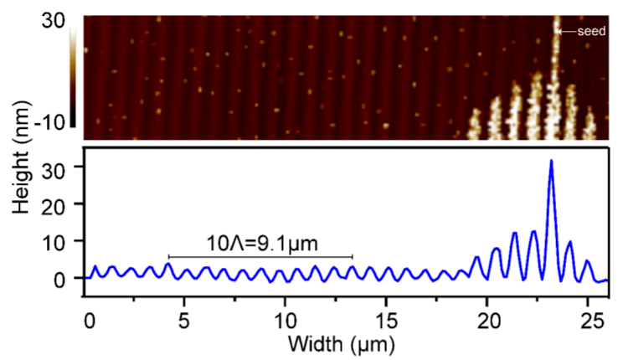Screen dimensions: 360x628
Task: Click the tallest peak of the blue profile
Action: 551,161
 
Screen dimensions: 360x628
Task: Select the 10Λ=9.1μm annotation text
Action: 260,244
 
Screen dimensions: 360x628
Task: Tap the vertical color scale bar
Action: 74,75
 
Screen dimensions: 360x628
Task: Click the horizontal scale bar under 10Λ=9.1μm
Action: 260,256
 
